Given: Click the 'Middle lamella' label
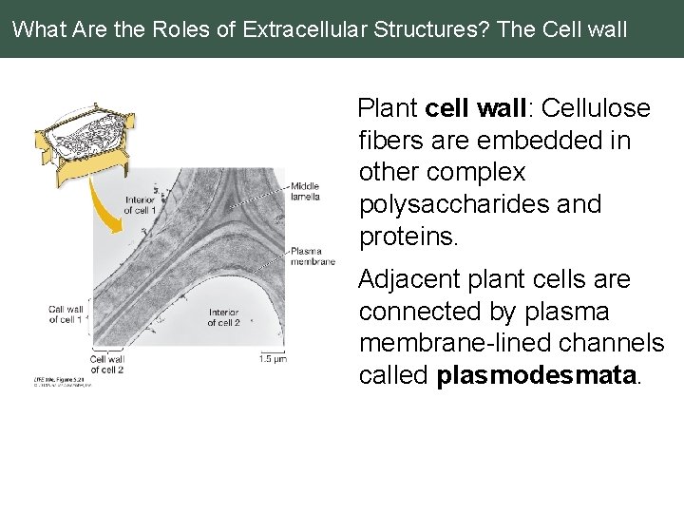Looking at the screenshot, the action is click(305, 190).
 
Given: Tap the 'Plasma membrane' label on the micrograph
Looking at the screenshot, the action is click(313, 255).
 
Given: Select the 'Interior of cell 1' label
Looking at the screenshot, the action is click(140, 205).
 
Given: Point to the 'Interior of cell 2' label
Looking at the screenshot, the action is click(223, 316).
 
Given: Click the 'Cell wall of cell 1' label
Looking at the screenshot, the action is click(66, 313).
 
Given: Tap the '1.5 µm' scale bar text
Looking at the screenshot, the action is click(273, 358).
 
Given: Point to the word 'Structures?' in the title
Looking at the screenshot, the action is click(427, 28).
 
